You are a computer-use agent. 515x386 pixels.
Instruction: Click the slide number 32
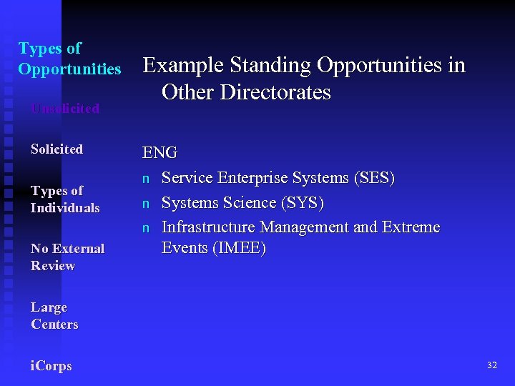[491, 365]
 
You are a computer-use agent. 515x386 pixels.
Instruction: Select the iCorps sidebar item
[51, 366]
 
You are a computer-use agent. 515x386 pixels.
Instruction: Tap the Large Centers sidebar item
[54, 316]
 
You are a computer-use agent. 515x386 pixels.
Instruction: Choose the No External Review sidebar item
[67, 257]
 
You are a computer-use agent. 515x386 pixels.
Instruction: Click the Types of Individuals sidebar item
[65, 199]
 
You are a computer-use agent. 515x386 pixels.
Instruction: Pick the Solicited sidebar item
[57, 149]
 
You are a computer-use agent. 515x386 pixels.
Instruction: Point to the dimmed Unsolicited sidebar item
[65, 109]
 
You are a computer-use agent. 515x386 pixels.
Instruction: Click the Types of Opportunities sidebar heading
[69, 59]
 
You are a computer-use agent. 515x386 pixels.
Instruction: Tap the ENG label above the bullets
[160, 153]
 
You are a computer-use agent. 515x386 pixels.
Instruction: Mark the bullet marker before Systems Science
[146, 204]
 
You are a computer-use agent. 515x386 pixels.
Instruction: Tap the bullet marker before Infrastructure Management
[146, 228]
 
